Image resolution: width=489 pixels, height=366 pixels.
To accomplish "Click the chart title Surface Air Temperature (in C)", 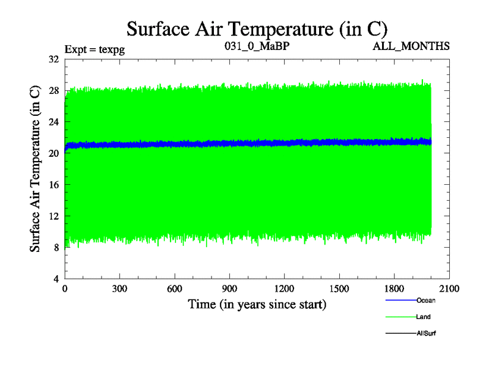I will pyautogui.click(x=257, y=29).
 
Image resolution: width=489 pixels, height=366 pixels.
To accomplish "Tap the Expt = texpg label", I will pyautogui.click(x=95, y=47).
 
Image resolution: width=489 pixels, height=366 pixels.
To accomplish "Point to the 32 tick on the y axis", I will pyautogui.click(x=53, y=59).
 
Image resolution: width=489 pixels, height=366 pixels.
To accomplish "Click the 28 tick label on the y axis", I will pyautogui.click(x=53, y=91).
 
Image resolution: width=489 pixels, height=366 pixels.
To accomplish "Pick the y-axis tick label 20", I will pyautogui.click(x=53, y=153).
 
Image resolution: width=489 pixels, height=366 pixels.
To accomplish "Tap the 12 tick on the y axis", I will pyautogui.click(x=53, y=216).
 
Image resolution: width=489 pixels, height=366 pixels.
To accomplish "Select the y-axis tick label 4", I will pyautogui.click(x=56, y=279).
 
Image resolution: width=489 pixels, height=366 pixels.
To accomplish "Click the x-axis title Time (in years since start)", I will pyautogui.click(x=257, y=304).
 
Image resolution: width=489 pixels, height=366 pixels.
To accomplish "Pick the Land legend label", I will pyautogui.click(x=424, y=317).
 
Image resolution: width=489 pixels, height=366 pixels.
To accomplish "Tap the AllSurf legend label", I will pyautogui.click(x=425, y=333).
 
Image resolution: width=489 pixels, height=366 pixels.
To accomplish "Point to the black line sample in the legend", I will pyautogui.click(x=400, y=333).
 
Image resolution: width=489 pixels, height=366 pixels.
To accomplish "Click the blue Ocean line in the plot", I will pyautogui.click(x=244, y=144).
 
